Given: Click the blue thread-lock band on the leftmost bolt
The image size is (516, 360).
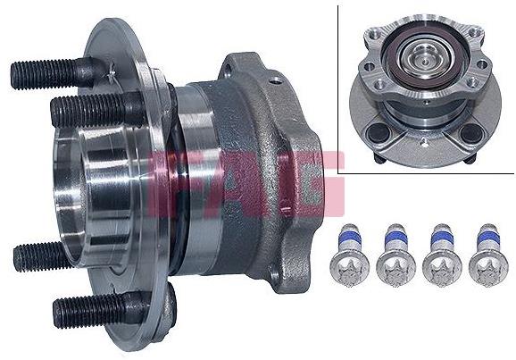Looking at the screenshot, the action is click(x=349, y=239).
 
